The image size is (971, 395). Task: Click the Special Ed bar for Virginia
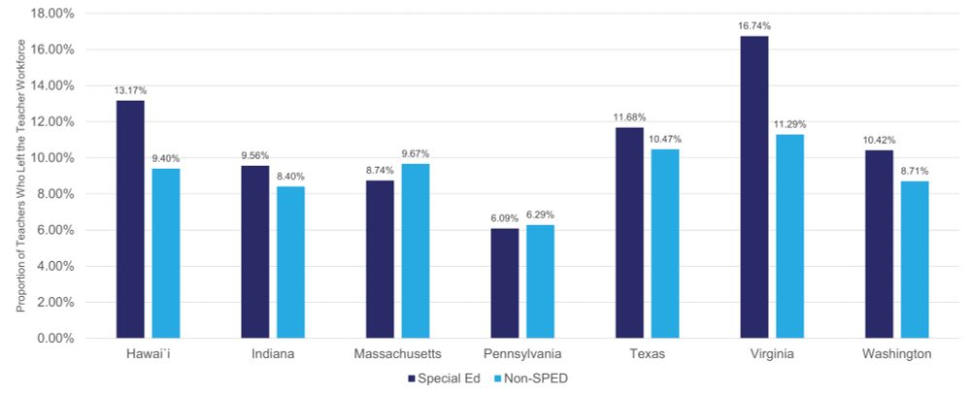click(x=753, y=187)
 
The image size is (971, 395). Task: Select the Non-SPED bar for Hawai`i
click(x=165, y=253)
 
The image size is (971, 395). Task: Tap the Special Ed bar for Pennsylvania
click(x=504, y=283)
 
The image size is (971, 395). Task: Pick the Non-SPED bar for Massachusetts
click(x=415, y=250)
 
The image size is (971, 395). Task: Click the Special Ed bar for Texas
click(x=629, y=233)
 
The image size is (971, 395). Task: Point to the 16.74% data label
click(x=753, y=26)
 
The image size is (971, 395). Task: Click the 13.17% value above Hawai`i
click(x=130, y=90)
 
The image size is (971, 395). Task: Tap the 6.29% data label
click(x=540, y=214)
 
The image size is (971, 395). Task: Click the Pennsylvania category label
click(x=522, y=355)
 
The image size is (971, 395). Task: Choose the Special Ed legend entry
click(x=443, y=379)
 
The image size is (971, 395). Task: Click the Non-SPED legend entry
click(x=530, y=379)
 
